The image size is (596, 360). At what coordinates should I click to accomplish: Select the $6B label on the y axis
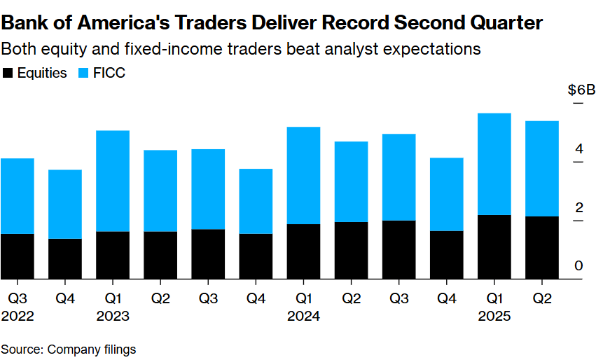(581, 90)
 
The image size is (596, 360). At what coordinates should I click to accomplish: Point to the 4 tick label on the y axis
(579, 148)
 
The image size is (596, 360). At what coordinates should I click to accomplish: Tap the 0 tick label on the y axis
(579, 265)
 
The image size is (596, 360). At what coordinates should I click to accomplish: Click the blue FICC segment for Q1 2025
(494, 164)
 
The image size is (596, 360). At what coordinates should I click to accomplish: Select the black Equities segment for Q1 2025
(494, 247)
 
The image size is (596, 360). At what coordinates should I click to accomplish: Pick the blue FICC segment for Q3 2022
(17, 196)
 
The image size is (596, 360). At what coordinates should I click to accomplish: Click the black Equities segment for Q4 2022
(65, 258)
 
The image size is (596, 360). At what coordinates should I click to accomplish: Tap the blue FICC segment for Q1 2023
(113, 181)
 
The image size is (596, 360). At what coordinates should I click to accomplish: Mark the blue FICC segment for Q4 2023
(256, 201)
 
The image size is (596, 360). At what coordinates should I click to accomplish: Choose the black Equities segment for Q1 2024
(303, 251)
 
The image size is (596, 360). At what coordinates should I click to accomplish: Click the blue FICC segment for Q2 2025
(541, 169)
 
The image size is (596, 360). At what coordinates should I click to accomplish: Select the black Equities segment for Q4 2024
(446, 255)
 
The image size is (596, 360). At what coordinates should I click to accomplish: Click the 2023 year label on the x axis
(113, 316)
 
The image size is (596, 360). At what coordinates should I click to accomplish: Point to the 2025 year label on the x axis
(494, 316)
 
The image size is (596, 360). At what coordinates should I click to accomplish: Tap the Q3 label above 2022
(17, 299)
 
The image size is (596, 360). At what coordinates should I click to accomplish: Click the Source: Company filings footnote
(68, 349)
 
